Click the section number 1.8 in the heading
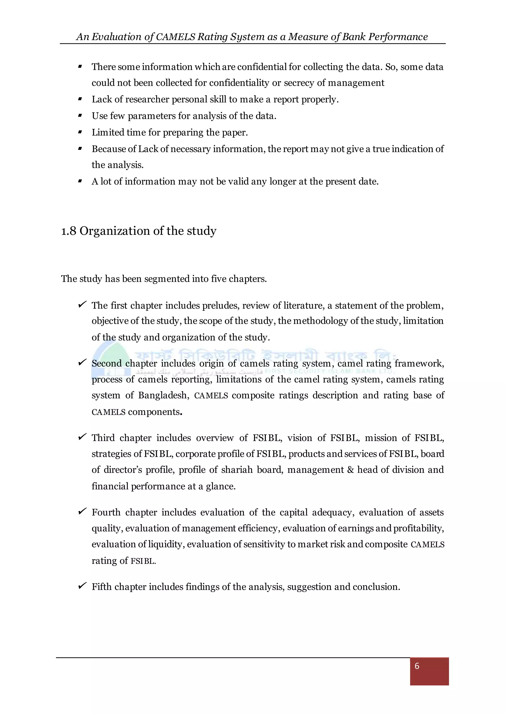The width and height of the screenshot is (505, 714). pyautogui.click(x=68, y=231)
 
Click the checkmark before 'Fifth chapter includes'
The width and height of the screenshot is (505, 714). pyautogui.click(x=82, y=586)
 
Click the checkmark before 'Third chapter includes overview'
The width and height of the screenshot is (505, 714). pyautogui.click(x=82, y=437)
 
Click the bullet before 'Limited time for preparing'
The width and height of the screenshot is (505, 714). pyautogui.click(x=80, y=132)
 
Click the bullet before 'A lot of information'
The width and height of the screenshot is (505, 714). pyautogui.click(x=80, y=181)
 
